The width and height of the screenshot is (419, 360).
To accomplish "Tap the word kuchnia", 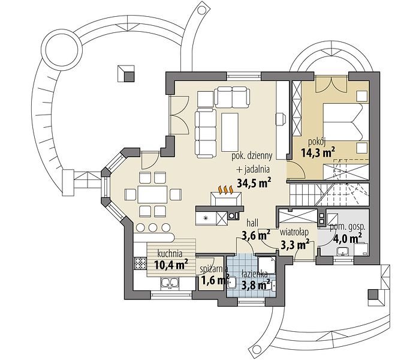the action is (170, 253).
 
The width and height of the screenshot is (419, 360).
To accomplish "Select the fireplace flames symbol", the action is (226, 190).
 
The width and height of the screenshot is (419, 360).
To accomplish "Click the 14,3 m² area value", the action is (318, 152).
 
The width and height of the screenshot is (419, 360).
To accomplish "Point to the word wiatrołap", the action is (294, 232).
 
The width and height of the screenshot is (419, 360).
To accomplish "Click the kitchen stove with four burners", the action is (140, 263).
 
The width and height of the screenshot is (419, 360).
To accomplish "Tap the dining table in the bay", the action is (153, 194).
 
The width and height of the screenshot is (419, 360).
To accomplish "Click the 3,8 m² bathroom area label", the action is (255, 285).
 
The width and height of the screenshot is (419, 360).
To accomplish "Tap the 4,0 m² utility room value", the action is (348, 238).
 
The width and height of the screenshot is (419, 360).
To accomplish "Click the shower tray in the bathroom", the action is (267, 265).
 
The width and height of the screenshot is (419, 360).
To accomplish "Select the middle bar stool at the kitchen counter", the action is (153, 227).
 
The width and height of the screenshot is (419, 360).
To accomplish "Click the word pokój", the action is (316, 142).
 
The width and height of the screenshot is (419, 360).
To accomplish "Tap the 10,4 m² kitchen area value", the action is (171, 265).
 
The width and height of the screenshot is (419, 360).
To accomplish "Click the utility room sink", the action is (342, 251).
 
